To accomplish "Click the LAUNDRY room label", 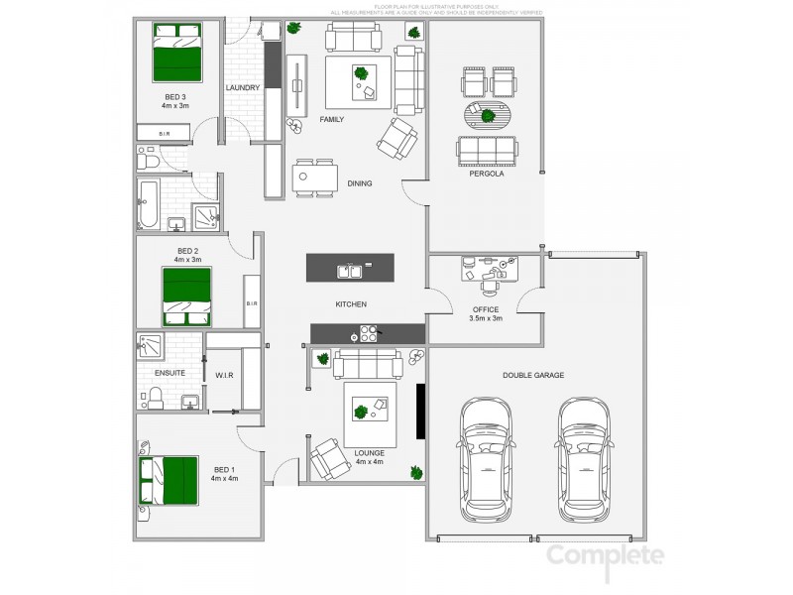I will pyautogui.click(x=243, y=88).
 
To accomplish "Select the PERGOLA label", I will pyautogui.click(x=487, y=174).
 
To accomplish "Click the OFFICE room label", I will pyautogui.click(x=486, y=309).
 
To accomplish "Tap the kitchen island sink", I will pyautogui.click(x=349, y=269).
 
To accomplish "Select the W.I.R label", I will pyautogui.click(x=223, y=376).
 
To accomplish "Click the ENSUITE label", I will pyautogui.click(x=170, y=374).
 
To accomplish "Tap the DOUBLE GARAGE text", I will pyautogui.click(x=534, y=376).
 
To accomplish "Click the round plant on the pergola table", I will pyautogui.click(x=488, y=116).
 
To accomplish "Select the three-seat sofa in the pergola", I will pyautogui.click(x=486, y=150).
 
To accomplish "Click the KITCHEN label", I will pyautogui.click(x=351, y=303).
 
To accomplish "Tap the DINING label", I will pyautogui.click(x=359, y=182).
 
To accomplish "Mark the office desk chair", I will pyautogui.click(x=490, y=287).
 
